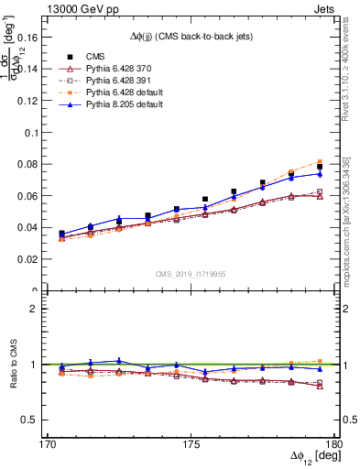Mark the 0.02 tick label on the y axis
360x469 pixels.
pyautogui.click(x=32, y=259)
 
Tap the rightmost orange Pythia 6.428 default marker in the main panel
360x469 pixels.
pyautogui.click(x=320, y=161)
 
